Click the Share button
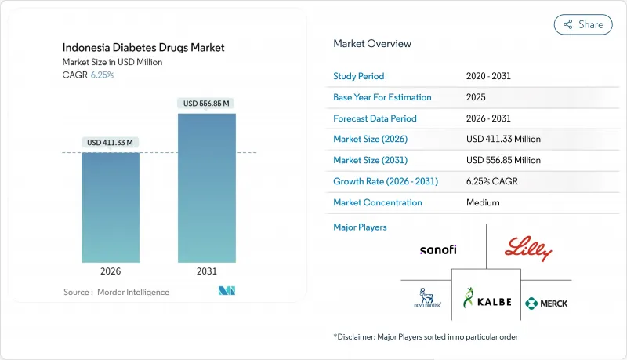tap(583, 24)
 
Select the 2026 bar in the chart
tap(111, 207)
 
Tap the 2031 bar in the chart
tap(206, 188)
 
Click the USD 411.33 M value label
tap(111, 142)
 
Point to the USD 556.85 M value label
tap(207, 104)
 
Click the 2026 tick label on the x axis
tap(111, 271)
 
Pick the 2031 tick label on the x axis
tap(207, 271)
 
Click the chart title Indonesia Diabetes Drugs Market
tap(144, 48)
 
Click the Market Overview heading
tap(371, 44)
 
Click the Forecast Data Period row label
tap(375, 118)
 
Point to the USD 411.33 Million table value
tap(502, 139)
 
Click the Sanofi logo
tap(437, 250)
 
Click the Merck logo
tap(546, 303)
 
